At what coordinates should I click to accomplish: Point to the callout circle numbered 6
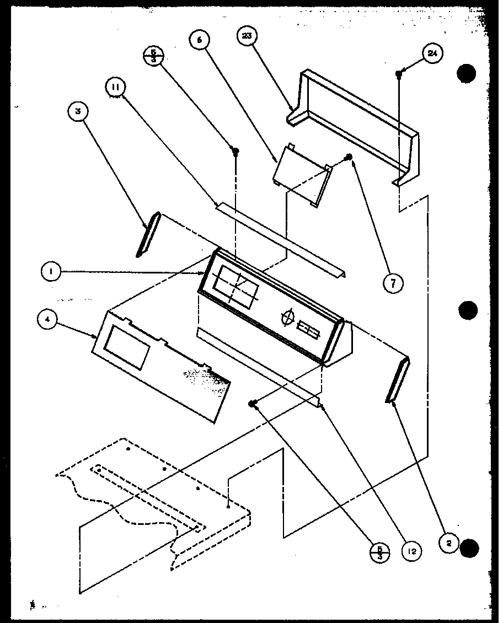tap(200, 40)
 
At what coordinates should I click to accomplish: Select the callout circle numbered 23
tap(247, 38)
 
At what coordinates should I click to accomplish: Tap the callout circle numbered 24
tap(432, 53)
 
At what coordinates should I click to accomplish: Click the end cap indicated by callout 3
tap(147, 234)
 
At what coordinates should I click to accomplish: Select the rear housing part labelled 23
tap(353, 127)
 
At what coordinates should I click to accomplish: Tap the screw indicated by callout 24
tap(398, 73)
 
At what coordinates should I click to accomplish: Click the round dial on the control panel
tap(287, 318)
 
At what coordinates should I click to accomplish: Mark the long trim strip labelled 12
tap(259, 369)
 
